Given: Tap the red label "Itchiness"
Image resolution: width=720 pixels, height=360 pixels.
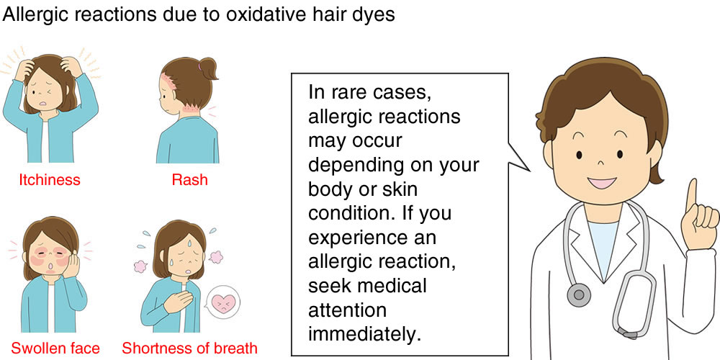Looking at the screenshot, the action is pos(50,179).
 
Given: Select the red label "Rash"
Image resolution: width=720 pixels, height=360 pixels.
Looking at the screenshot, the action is pos(189,179).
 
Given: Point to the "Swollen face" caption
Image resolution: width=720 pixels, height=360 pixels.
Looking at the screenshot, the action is pos(55,348).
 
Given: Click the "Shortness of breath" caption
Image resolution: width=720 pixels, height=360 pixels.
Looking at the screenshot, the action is pos(189,348).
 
